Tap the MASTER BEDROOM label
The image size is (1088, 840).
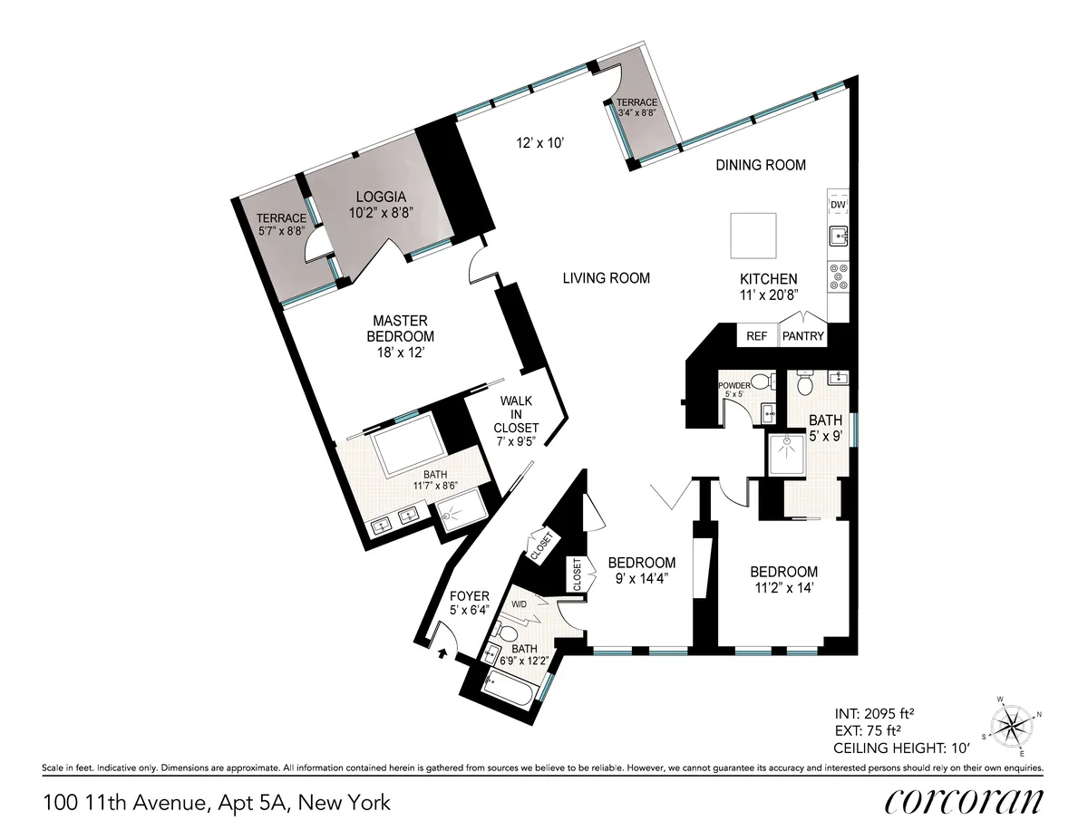coord(400,336)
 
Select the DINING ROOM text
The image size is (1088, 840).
coord(761,165)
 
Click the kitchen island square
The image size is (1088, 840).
coord(754,236)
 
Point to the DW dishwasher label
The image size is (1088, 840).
coord(838,206)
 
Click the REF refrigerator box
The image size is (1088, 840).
coord(756,336)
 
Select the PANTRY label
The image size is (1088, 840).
coord(803,336)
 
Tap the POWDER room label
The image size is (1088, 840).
coord(735,385)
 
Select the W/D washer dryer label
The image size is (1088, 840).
coord(520,603)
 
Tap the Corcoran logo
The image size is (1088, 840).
coord(963,802)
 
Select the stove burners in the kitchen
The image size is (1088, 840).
coord(839,276)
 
